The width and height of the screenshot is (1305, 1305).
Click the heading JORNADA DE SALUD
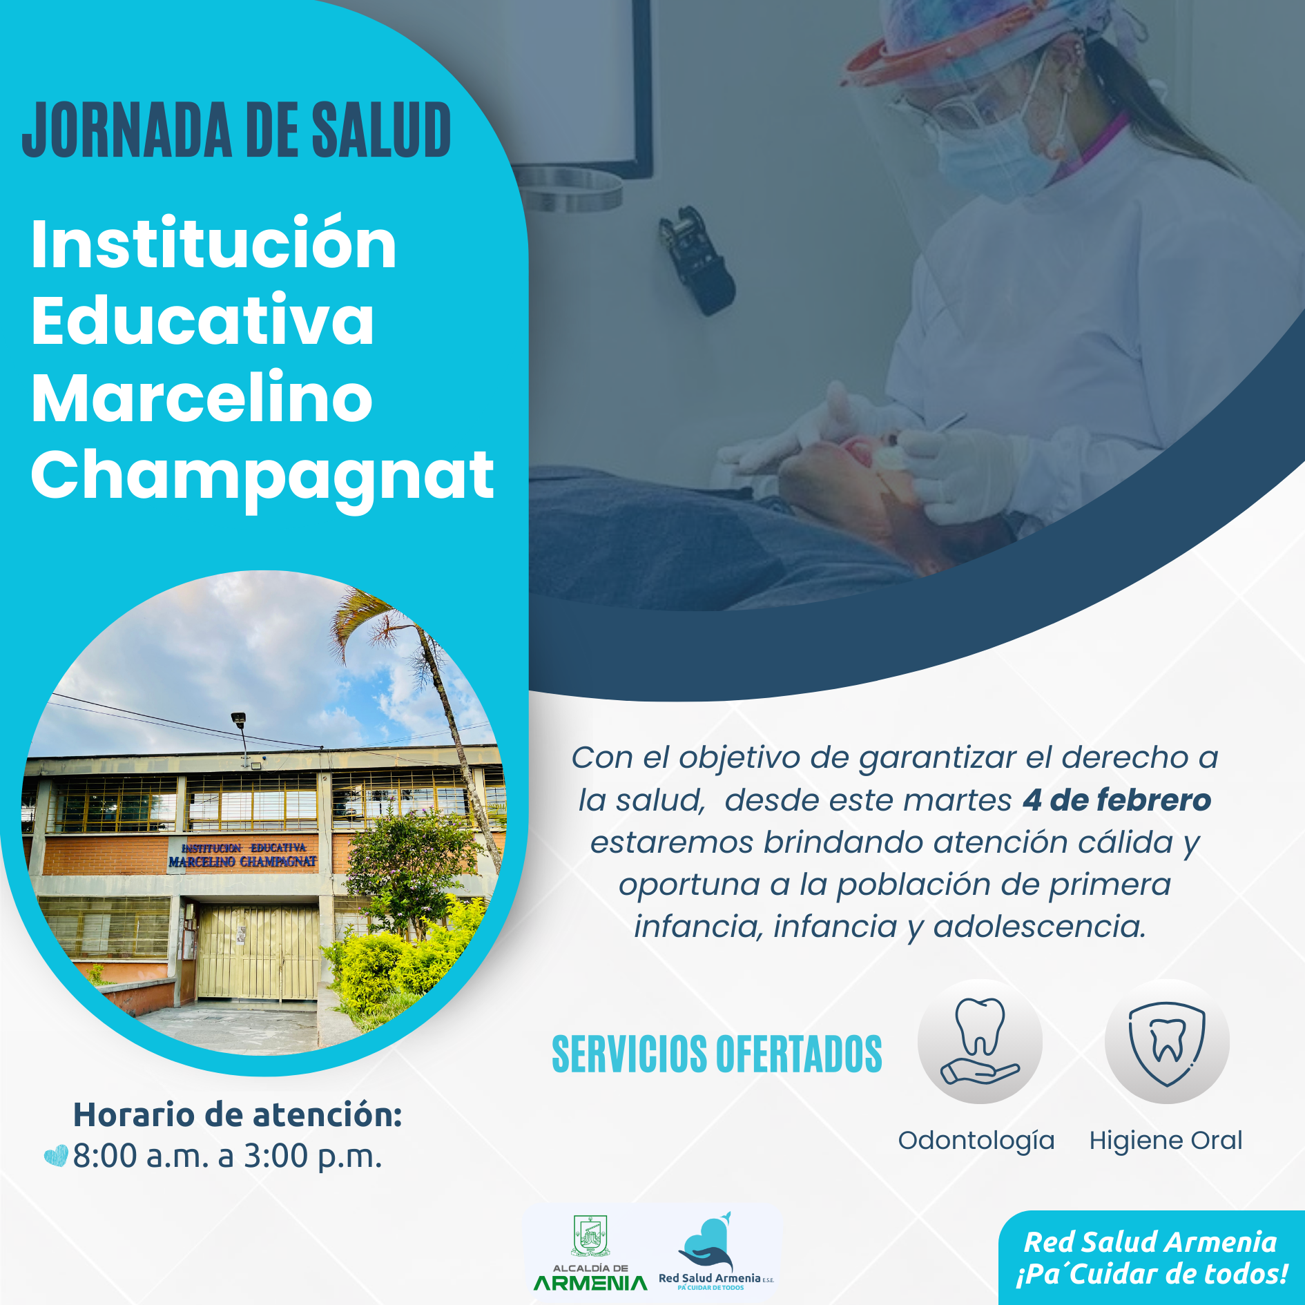pos(237,130)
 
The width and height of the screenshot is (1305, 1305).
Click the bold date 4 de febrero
pos(1117,800)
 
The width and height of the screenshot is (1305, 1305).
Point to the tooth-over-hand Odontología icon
pos(979,1041)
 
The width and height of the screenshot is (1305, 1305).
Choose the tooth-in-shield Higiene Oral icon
pos(1167,1041)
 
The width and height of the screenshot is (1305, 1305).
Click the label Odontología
pos(976,1141)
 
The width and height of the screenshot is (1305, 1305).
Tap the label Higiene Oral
pos(1166,1141)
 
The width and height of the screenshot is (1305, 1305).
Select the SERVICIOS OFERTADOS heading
pos(717,1054)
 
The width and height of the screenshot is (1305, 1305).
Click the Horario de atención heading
pos(238,1114)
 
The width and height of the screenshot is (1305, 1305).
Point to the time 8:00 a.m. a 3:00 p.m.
pos(227,1156)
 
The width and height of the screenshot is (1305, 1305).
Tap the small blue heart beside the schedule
pos(56,1156)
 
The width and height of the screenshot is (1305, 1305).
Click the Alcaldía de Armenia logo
pos(590,1254)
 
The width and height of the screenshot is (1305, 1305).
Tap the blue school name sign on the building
pos(242,855)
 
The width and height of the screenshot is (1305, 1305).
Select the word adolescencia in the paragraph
pos(1038,927)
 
